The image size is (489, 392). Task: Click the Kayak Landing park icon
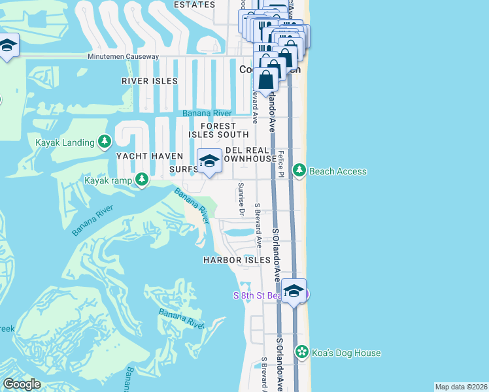104,141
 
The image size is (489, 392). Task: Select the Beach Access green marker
299,171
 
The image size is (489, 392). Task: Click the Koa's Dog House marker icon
301,353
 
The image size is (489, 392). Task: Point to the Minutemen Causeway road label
124,57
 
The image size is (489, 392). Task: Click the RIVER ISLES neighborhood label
150,81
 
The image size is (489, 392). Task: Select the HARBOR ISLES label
237,260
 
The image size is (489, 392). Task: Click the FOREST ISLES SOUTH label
218,130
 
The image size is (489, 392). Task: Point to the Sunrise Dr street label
241,199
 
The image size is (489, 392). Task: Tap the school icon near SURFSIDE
209,161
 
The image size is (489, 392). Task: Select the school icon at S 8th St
294,291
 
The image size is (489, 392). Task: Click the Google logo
22,384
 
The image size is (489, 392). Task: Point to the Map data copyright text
461,387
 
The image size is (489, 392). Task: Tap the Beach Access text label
337,171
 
